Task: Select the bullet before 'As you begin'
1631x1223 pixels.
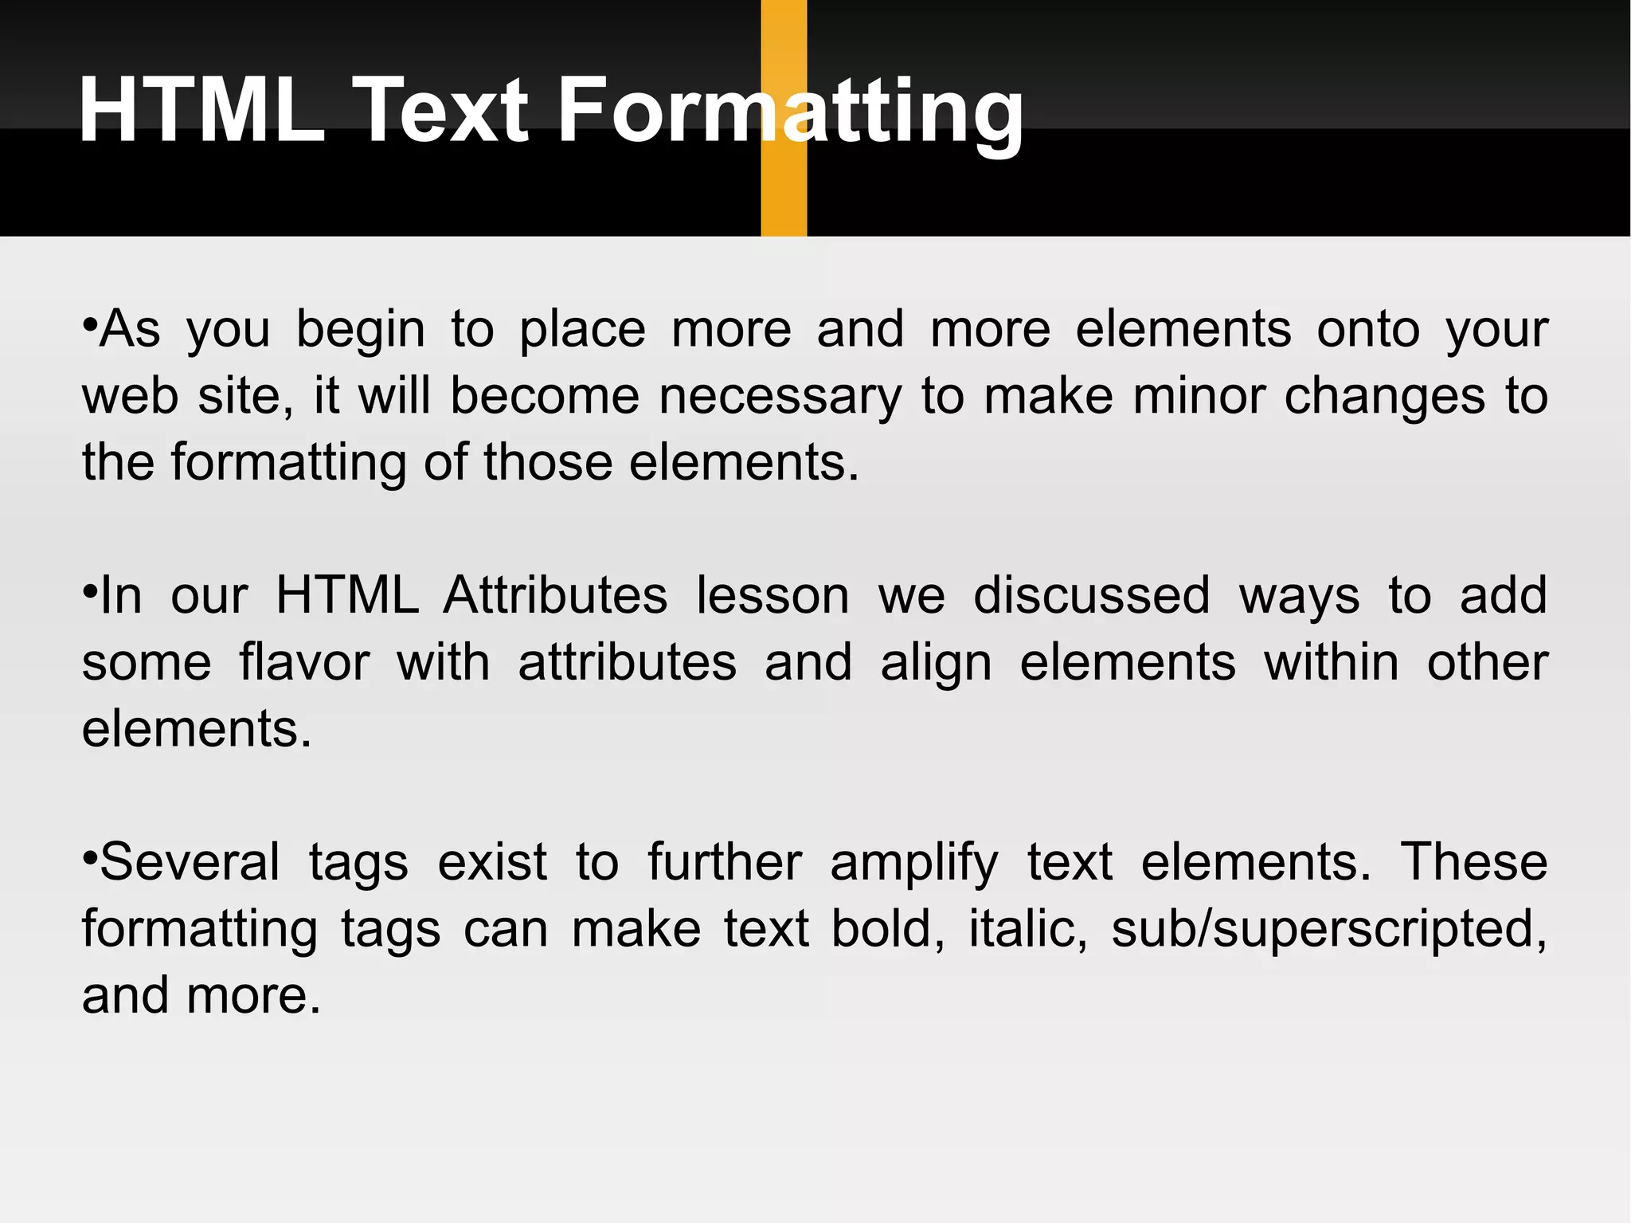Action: click(x=89, y=324)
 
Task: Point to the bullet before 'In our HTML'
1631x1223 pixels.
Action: click(x=89, y=591)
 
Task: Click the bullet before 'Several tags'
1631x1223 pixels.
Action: click(x=89, y=857)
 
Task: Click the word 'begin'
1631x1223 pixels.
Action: click(x=360, y=330)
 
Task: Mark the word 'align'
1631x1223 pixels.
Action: click(x=936, y=664)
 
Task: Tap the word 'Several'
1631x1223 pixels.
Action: click(x=190, y=862)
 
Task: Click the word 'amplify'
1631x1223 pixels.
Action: click(x=913, y=864)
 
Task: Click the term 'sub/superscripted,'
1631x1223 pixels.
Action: click(x=1329, y=931)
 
